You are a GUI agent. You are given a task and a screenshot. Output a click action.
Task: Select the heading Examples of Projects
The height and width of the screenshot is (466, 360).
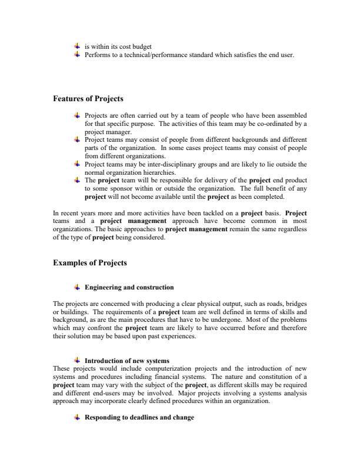point(89,262)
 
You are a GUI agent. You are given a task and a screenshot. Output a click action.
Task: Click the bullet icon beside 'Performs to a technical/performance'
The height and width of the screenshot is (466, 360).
point(76,54)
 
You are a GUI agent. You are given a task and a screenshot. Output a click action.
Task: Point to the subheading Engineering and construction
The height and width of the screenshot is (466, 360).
point(129,287)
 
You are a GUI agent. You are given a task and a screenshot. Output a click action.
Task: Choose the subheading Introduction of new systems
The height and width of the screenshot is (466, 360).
point(127,360)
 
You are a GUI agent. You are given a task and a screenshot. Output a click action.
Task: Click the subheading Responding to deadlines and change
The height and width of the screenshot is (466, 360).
point(139,417)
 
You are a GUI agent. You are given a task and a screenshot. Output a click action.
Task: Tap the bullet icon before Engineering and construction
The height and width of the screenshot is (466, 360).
point(76,287)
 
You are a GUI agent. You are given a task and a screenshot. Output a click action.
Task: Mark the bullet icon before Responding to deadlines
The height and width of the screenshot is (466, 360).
point(76,417)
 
